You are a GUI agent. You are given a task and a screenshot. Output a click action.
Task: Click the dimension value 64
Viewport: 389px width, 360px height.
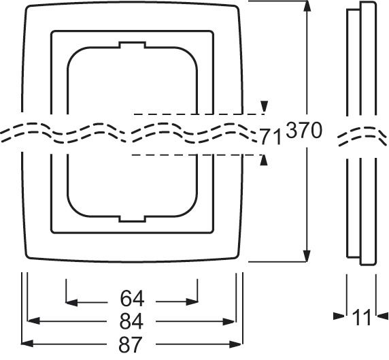click(x=132, y=299)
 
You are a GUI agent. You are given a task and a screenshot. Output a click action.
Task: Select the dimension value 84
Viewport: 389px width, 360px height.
click(x=131, y=321)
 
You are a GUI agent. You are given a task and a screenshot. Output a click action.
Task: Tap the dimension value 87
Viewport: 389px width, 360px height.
click(x=130, y=344)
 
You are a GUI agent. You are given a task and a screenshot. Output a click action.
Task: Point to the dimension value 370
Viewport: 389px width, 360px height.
click(x=304, y=131)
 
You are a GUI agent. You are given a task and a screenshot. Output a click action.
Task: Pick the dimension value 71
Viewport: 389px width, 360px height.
click(x=271, y=136)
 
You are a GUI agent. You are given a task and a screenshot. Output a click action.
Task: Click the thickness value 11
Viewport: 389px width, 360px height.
click(x=362, y=317)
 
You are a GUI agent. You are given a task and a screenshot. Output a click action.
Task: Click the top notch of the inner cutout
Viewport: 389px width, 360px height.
click(x=132, y=45)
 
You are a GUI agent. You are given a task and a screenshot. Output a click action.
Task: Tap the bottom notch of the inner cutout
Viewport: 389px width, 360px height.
click(x=132, y=218)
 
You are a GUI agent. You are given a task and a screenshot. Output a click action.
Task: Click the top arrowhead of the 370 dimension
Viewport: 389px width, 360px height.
click(x=307, y=6)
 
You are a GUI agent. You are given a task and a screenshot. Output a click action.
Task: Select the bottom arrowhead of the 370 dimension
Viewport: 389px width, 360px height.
click(x=307, y=256)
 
